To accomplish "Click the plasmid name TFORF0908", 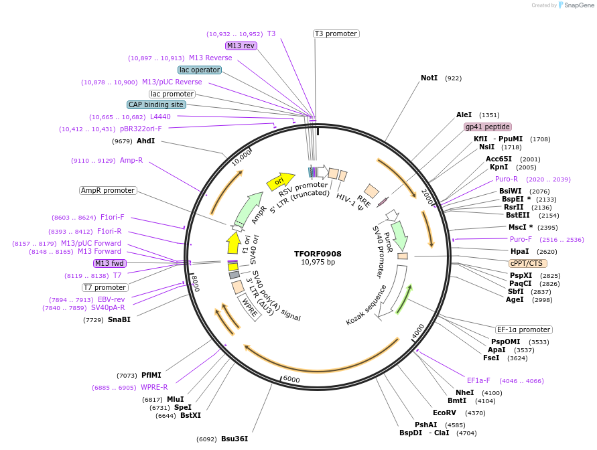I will click(x=318, y=254).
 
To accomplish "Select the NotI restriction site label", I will click(x=429, y=78).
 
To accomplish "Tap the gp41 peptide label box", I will click(x=487, y=127).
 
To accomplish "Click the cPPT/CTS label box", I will click(x=526, y=263).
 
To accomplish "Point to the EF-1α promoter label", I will click(x=523, y=329).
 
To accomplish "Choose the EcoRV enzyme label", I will click(x=444, y=412).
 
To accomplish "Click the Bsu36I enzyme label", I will click(x=235, y=439).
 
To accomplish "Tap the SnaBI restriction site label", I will click(x=119, y=320).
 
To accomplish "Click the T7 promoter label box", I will click(x=105, y=287).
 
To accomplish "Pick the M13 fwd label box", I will click(x=110, y=263).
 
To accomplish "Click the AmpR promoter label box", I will click(x=108, y=191).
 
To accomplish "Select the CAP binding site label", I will click(x=156, y=104).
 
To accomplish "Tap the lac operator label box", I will click(x=200, y=70).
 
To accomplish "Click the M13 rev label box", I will click(x=241, y=46).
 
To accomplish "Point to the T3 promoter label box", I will click(x=336, y=33).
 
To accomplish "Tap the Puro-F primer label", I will click(x=521, y=239).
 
